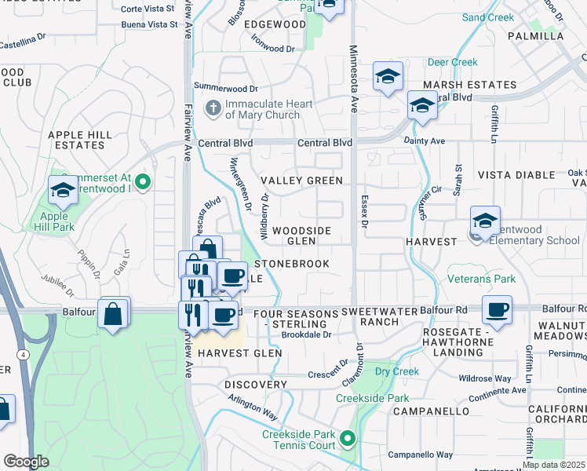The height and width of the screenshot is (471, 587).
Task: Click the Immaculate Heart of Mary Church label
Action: (x=262, y=109)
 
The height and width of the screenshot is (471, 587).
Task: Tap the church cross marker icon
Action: (x=213, y=108)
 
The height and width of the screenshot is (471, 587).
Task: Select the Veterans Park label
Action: (x=482, y=279)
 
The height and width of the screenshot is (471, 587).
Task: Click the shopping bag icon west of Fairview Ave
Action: (x=113, y=313)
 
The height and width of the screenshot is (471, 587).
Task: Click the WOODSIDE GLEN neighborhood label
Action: (x=301, y=235)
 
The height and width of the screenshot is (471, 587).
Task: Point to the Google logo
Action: (x=26, y=462)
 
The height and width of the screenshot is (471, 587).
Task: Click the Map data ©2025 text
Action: (x=553, y=465)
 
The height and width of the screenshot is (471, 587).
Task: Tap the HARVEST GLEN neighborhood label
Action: (x=239, y=353)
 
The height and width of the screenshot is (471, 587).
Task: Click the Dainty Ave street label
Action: (x=425, y=141)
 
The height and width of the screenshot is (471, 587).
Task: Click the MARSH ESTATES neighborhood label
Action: (x=470, y=85)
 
